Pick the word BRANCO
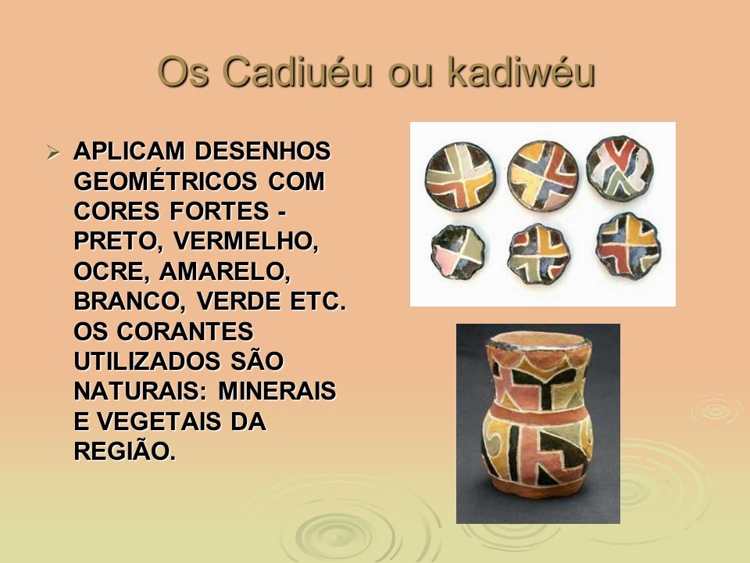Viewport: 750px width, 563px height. pyautogui.click(x=128, y=301)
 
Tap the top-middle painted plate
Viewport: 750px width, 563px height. pyautogui.click(x=542, y=168)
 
